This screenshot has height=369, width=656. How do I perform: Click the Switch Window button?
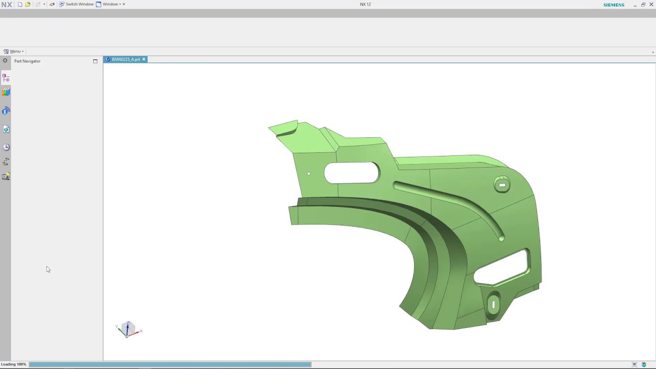76,4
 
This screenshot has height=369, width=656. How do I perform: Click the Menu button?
14,51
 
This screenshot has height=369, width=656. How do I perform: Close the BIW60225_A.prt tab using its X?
144,59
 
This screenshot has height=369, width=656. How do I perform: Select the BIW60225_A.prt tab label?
126,59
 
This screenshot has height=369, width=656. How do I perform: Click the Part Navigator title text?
27,61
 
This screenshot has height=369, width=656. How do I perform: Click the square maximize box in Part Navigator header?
95,61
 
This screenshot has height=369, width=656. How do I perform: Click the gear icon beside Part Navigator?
5,60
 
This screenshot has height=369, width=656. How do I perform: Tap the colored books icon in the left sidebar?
6,92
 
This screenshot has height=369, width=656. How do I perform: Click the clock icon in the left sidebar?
6,147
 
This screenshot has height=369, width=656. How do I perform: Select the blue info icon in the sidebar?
6,111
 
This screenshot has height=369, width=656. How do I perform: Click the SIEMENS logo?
613,5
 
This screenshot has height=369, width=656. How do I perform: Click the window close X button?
651,5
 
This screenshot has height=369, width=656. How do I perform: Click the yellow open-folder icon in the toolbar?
28,4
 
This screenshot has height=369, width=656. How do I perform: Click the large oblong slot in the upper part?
352,173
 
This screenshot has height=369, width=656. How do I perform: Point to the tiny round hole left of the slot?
309,174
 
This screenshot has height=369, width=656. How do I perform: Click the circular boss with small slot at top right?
502,185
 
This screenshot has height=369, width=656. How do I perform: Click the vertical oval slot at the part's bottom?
494,305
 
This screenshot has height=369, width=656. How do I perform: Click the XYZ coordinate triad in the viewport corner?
128,330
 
